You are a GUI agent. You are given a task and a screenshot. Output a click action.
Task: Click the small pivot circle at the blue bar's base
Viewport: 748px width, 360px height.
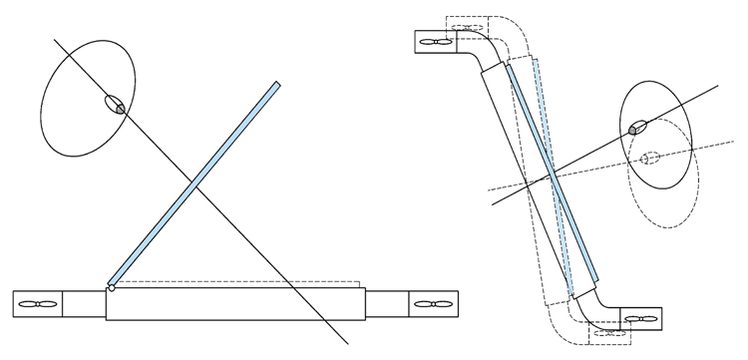(112, 288)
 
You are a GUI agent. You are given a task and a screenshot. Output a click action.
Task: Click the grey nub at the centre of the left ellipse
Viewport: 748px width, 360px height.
(117, 107)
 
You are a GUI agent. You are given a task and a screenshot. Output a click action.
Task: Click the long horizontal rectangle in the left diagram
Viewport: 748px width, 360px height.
(235, 304)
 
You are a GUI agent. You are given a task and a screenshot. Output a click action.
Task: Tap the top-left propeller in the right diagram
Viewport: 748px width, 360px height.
(436, 43)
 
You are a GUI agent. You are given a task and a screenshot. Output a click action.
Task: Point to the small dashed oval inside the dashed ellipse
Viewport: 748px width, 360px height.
(649, 158)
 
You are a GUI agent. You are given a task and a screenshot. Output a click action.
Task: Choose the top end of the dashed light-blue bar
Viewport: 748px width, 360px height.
(540, 61)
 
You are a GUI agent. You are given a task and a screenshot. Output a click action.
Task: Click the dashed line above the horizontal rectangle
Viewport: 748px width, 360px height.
(239, 280)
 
